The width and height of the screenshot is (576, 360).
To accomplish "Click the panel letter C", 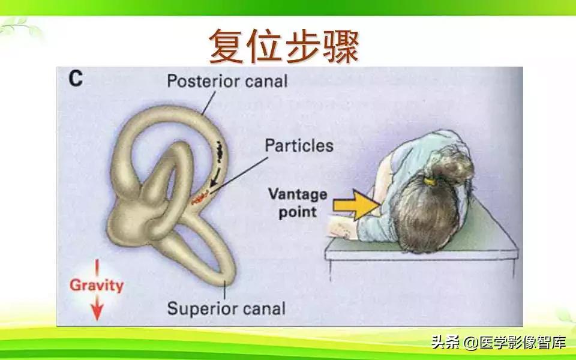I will tap(75, 79).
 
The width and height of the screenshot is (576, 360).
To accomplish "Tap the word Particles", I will tap(299, 145).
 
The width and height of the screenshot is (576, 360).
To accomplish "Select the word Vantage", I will tap(298, 194).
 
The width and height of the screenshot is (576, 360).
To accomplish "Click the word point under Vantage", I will tap(298, 212).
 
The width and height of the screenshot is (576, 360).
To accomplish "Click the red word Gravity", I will tap(96, 284).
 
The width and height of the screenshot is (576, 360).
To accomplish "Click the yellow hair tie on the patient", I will tap(430, 179).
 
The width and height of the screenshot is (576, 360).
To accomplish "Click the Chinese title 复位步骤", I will tap(283, 46).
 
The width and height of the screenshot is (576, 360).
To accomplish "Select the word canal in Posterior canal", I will tap(264, 80).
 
